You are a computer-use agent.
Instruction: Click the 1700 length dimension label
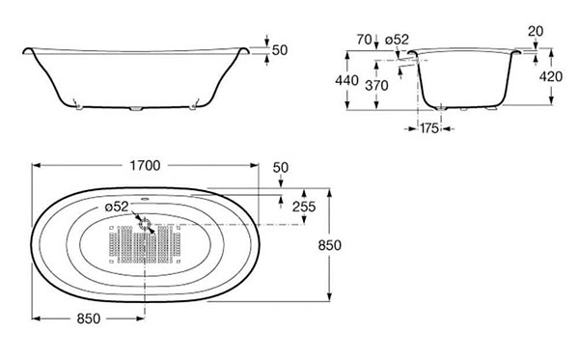coord(145,165)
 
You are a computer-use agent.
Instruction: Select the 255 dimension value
coord(304,207)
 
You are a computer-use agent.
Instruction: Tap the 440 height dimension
coord(346,80)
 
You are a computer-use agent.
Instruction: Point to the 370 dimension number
coord(376,86)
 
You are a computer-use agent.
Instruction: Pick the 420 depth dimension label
coord(551,76)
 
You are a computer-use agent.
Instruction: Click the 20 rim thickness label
coord(536,32)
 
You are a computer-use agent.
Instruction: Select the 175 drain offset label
coord(429,128)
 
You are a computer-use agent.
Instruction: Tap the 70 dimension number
coord(365,40)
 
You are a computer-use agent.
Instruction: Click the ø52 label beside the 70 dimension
coord(397,40)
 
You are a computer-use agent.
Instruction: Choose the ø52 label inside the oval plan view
coord(117,207)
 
